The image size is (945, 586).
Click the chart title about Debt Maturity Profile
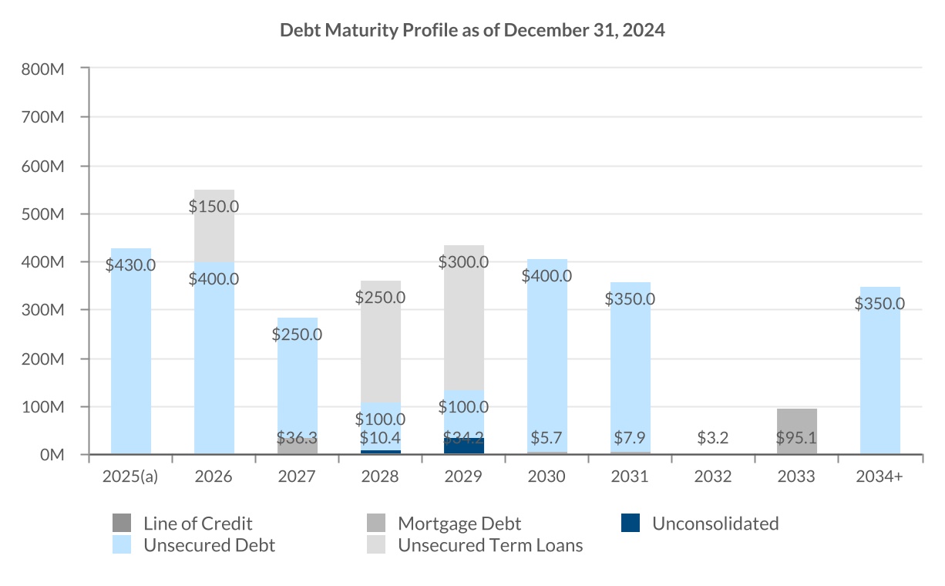coord(472,31)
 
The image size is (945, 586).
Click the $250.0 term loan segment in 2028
coord(381,339)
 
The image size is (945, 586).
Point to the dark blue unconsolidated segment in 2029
coord(464,446)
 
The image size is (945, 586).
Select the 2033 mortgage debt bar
coord(797,431)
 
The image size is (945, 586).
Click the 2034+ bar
coord(880,370)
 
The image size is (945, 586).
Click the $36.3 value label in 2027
coord(298,439)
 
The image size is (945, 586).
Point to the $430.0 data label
coord(131,265)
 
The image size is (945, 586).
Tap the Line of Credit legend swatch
coord(122,524)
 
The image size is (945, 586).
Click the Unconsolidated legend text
coord(715,524)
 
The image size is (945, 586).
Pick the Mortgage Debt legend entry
coord(459,524)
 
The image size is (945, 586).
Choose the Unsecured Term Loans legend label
coord(490,546)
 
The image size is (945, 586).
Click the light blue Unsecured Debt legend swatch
coord(122,545)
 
